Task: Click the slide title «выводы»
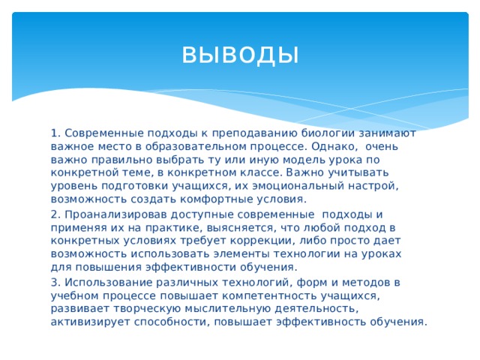[240, 54]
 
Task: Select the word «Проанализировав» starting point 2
[108, 213]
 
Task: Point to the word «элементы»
[253, 253]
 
